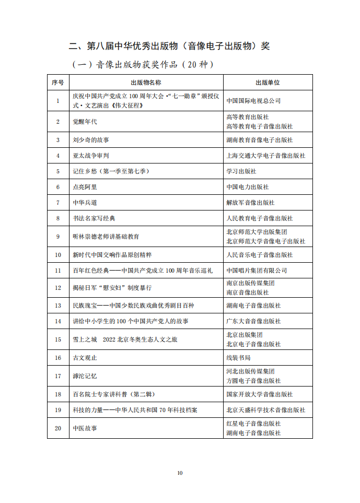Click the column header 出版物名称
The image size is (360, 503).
[x=146, y=83]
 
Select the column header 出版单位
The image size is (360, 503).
[x=268, y=83]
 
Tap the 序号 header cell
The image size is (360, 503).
[x=58, y=83]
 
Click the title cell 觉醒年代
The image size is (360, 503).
[x=85, y=122]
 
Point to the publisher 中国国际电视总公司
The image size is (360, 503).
[x=253, y=100]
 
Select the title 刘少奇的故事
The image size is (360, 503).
[x=91, y=140]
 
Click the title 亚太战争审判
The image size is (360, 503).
[x=91, y=156]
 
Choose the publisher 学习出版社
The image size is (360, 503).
[x=241, y=171]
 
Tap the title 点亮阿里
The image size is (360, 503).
[x=85, y=186]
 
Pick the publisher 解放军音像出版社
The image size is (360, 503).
[x=250, y=202]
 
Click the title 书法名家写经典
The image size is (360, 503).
[x=94, y=218]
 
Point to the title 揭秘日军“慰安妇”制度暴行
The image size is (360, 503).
[x=112, y=288]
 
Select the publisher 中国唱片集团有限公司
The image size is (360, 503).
[x=257, y=271]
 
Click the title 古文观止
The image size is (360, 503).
[x=85, y=358]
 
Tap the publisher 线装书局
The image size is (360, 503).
[x=238, y=358]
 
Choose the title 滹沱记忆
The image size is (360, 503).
[x=85, y=376]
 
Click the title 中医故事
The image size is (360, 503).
[x=85, y=428]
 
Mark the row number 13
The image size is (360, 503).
[x=58, y=306]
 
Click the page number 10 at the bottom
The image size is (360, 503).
[x=180, y=473]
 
